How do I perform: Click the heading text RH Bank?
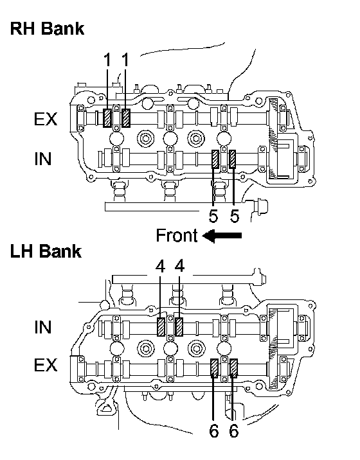47,29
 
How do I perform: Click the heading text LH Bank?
46,251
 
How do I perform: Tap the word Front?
177,235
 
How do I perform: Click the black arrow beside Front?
222,236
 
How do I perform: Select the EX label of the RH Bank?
46,119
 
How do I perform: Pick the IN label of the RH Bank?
43,159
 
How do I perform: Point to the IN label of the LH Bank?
43,327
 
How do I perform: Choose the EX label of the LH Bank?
46,365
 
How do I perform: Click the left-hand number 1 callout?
107,60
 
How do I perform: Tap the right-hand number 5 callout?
235,217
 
